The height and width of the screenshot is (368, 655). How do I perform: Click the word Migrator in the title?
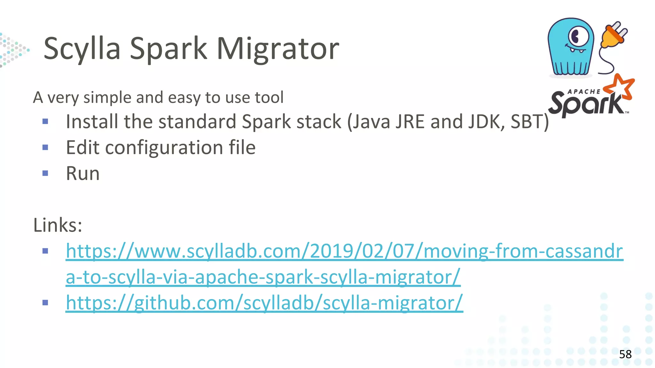coord(278,49)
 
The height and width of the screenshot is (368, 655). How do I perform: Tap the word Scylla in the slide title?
coord(82,49)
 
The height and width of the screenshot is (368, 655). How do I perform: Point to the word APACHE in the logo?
coord(584,92)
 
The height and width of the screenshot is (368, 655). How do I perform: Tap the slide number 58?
coord(625,354)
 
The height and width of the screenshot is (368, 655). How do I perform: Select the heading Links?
coord(58,225)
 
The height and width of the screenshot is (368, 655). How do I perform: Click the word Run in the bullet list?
coord(83,173)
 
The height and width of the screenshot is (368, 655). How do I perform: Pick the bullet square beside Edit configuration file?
coord(45,148)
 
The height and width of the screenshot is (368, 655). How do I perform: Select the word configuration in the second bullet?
coord(164,148)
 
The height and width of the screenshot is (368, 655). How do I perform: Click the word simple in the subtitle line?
coord(107,97)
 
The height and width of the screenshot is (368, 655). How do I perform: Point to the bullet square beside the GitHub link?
coord(45,303)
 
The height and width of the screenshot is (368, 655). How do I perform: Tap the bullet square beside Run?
coord(45,173)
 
